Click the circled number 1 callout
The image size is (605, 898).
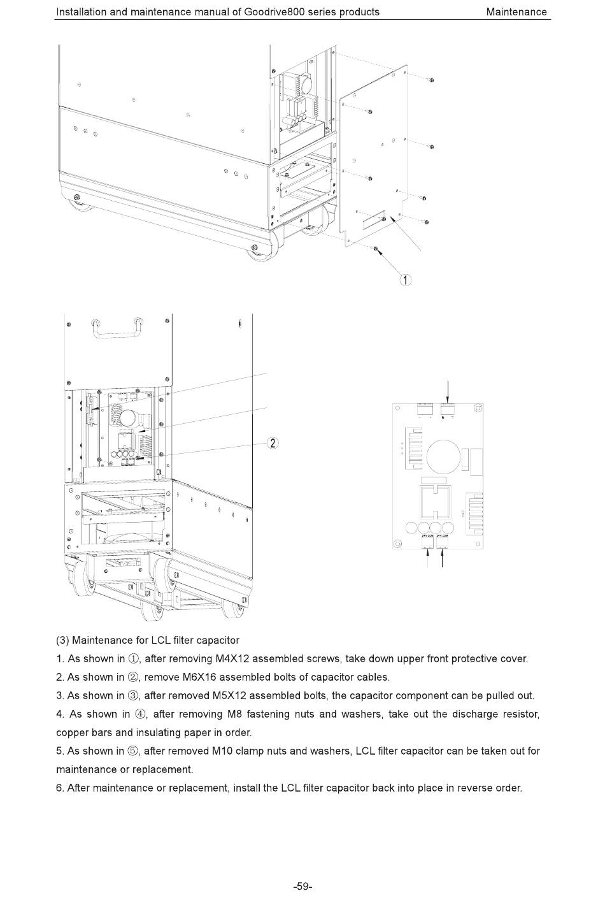[405, 279]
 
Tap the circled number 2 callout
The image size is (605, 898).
[273, 444]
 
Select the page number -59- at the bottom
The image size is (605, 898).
[302, 886]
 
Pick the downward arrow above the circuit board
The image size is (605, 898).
[448, 391]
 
